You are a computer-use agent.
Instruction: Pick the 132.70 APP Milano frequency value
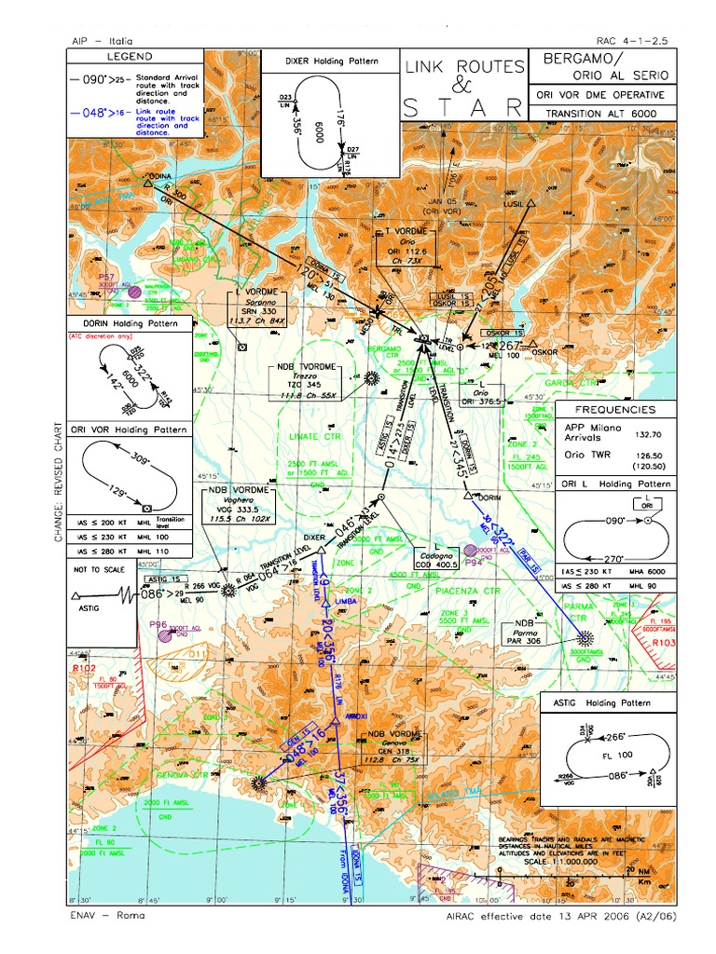649,434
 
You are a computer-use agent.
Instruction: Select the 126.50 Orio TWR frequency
649,455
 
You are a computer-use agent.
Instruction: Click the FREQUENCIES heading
615,410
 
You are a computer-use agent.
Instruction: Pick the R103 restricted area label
663,643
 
